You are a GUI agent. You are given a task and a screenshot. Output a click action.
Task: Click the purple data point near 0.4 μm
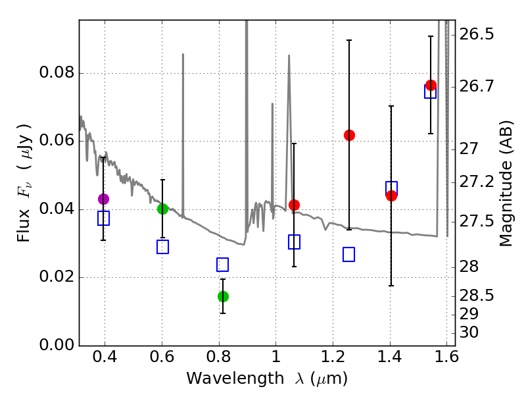[x=103, y=199]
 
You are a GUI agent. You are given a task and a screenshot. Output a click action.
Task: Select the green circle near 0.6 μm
[x=163, y=209]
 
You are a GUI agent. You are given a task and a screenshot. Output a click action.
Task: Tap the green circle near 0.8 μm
[x=223, y=296]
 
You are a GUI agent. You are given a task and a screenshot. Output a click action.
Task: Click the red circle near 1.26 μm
[x=349, y=135]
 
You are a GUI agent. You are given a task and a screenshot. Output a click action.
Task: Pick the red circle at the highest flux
[x=431, y=86]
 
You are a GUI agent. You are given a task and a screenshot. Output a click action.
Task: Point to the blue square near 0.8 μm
[x=222, y=265]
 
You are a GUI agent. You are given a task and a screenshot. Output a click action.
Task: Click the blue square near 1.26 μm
[x=349, y=254]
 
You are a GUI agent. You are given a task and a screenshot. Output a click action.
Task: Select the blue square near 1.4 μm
[x=391, y=188]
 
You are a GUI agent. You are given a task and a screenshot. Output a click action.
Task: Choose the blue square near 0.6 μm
[x=163, y=247]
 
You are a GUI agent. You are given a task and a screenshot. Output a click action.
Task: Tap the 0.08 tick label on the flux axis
[x=56, y=72]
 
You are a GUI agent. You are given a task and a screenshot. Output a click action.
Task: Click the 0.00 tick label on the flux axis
[x=56, y=345]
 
